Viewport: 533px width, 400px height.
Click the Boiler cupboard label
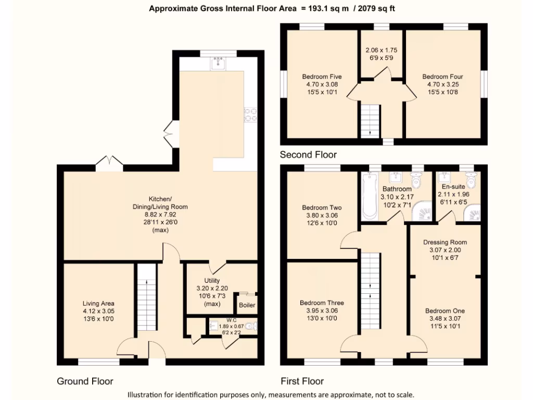tap(247, 305)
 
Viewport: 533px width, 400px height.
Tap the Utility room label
tap(212, 281)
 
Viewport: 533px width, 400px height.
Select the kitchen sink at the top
tap(218, 64)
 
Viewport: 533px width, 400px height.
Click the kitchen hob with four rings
tap(250, 115)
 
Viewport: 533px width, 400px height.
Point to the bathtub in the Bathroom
tap(370, 196)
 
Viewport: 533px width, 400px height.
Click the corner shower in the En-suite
tap(473, 213)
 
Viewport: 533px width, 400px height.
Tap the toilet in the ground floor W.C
tap(251, 327)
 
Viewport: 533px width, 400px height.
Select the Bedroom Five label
tap(322, 77)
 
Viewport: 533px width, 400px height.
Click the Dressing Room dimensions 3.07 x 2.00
tap(445, 250)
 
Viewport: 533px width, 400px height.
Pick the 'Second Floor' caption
tap(308, 155)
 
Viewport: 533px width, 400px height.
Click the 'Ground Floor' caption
tap(85, 381)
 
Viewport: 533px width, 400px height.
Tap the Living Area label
tap(98, 304)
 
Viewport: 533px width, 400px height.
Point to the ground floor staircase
tap(147, 297)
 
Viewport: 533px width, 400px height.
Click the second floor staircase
tap(370, 121)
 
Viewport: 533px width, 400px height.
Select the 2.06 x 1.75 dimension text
tap(382, 51)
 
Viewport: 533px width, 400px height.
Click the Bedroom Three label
tap(322, 303)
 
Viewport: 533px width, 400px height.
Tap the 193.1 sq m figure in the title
tap(328, 8)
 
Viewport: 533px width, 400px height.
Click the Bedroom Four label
tap(442, 77)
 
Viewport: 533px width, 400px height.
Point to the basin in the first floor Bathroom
tap(395, 178)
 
